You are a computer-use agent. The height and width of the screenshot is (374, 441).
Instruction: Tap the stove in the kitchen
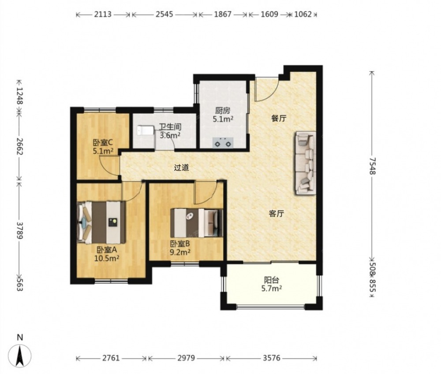[223, 142]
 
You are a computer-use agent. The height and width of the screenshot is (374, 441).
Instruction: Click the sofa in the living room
[305, 163]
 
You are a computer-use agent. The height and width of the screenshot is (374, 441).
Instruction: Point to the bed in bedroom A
[101, 222]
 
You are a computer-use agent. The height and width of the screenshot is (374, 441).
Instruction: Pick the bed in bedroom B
[197, 223]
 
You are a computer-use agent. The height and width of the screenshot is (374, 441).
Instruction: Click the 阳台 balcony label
[271, 280]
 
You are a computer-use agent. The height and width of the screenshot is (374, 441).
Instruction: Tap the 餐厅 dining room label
[278, 118]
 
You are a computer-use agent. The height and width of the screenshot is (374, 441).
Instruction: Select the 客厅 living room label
[276, 214]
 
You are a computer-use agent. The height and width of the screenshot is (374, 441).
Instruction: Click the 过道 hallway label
[181, 168]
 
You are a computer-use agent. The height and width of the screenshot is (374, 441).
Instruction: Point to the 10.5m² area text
[107, 258]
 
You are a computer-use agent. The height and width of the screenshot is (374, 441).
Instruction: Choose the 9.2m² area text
[180, 252]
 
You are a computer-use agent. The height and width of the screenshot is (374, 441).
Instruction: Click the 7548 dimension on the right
[372, 166]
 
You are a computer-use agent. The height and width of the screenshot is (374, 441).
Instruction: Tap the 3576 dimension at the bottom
[272, 358]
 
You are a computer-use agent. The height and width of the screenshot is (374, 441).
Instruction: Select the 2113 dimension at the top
[103, 14]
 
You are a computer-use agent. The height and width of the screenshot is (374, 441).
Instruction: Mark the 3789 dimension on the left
[19, 230]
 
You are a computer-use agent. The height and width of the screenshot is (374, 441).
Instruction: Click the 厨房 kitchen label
[223, 111]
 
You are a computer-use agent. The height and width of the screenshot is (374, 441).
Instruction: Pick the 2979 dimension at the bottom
[186, 358]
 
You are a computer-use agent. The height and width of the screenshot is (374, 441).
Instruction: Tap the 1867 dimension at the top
[223, 14]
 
